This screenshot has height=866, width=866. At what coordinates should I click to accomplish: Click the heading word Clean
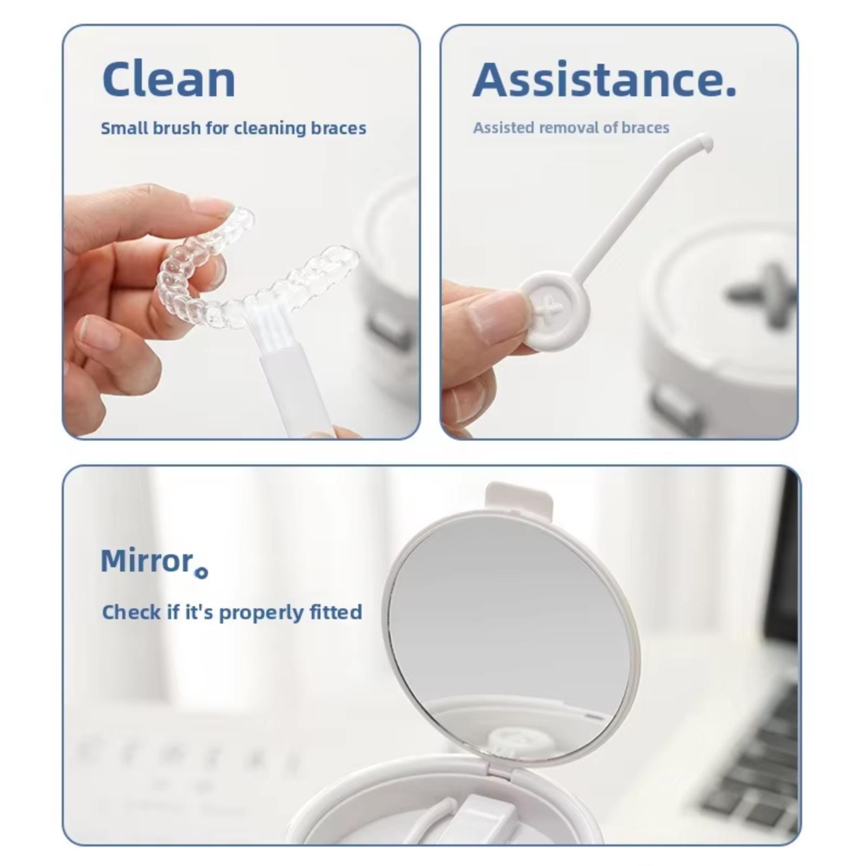(169, 79)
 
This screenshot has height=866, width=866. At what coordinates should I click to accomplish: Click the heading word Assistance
(597, 79)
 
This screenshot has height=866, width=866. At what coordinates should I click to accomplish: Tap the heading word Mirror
(147, 561)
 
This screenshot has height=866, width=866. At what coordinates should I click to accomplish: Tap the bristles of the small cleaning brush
(264, 327)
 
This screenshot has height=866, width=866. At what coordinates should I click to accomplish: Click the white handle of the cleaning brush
(295, 390)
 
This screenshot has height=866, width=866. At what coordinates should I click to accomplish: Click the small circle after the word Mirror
(201, 573)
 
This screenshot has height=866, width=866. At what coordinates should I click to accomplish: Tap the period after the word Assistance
(730, 91)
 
